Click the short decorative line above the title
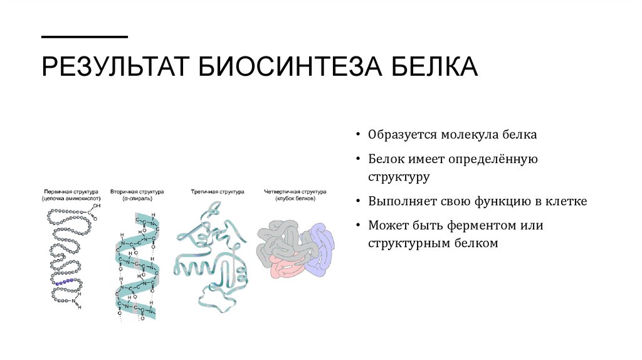pos(85,36)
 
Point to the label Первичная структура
pos(69,191)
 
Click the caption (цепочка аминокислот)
pos(69,198)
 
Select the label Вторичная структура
pos(137,191)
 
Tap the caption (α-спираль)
pos(137,198)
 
